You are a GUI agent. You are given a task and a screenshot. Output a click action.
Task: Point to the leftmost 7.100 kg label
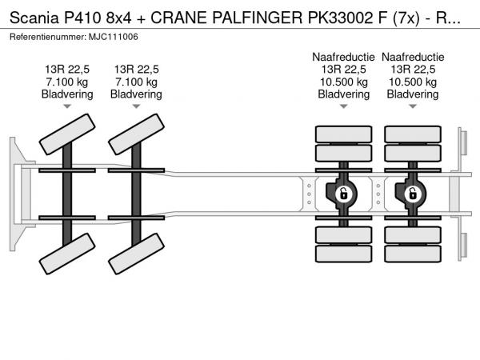click(x=67, y=82)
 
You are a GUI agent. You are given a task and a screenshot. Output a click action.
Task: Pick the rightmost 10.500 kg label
click(x=413, y=82)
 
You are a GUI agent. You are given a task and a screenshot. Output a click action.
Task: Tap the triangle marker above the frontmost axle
click(x=67, y=106)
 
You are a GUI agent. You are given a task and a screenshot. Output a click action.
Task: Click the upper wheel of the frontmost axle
click(x=68, y=133)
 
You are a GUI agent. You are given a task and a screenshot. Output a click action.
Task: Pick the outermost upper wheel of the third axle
click(x=343, y=134)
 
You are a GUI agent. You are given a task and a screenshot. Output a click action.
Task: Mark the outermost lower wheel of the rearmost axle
click(x=413, y=255)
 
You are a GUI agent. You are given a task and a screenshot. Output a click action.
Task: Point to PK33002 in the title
click(x=349, y=18)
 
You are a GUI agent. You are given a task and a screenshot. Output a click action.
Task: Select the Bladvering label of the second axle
click(x=137, y=94)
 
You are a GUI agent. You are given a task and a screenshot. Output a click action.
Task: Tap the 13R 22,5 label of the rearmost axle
click(x=413, y=69)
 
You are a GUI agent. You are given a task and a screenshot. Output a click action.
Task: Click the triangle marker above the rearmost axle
click(x=413, y=106)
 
